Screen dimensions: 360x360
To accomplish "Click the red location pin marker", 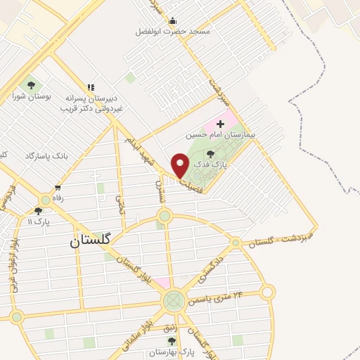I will (180, 165).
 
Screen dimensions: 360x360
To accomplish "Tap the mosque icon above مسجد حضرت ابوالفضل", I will (172, 20).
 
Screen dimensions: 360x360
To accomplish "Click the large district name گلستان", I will (91, 240).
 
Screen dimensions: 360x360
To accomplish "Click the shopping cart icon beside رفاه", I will (58, 188).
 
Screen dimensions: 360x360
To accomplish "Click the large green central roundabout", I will (173, 302).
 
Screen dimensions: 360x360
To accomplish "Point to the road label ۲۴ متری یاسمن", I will (218, 297).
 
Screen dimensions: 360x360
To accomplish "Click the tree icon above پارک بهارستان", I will (171, 341).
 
